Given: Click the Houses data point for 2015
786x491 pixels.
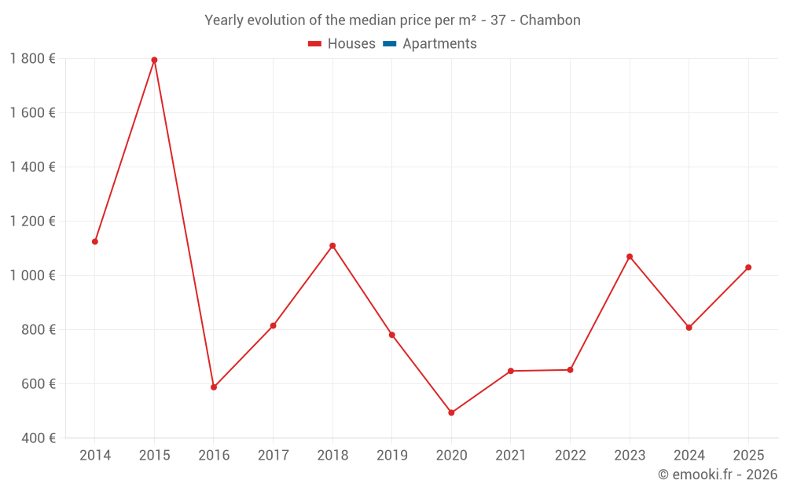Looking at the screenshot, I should [x=154, y=60].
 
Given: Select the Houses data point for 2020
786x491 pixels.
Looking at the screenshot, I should [x=451, y=412].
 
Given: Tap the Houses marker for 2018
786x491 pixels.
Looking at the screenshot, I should [x=332, y=246].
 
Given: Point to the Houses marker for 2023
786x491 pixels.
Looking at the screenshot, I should [x=630, y=257].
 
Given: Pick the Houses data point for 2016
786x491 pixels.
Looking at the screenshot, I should [x=214, y=387].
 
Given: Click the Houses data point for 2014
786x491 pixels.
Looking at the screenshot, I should [x=95, y=242].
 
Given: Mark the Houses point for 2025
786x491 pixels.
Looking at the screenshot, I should [x=748, y=267].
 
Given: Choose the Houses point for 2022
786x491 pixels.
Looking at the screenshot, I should [x=570, y=370].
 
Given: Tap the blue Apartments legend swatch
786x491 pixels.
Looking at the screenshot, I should [x=389, y=44].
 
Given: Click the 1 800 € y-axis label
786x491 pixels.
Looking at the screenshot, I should [x=33, y=58].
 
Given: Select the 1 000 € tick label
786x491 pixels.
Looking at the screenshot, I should [x=33, y=275].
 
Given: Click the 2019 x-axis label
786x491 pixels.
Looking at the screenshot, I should [x=392, y=456].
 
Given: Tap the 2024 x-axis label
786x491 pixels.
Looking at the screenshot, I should [x=689, y=456].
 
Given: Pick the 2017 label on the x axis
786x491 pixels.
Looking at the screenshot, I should [x=273, y=456].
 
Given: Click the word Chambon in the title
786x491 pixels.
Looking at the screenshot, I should [x=550, y=20].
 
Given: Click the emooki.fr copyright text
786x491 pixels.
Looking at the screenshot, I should [x=718, y=475].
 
